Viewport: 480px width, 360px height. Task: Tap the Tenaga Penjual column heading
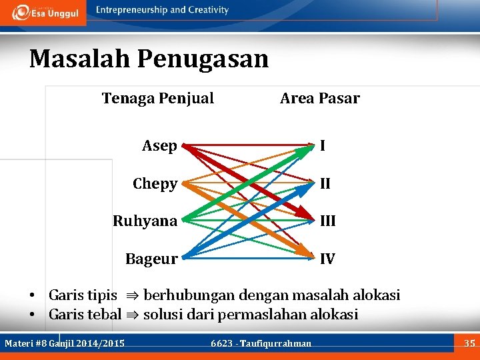(x=158, y=99)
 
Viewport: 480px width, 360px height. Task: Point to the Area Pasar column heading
(x=319, y=99)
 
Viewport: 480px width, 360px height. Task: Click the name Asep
(x=159, y=146)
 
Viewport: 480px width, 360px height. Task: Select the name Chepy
(x=155, y=183)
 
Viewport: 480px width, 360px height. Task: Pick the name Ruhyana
(x=145, y=221)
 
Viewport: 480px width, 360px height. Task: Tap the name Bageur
(x=151, y=259)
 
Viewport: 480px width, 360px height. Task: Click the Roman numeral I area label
(x=322, y=145)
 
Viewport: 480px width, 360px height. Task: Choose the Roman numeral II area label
(x=325, y=183)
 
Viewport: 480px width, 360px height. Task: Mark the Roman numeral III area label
(x=327, y=221)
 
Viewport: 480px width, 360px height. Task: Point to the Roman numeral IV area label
(x=327, y=259)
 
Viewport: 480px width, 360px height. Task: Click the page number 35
(x=469, y=343)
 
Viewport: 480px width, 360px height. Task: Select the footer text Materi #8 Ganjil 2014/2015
(x=65, y=343)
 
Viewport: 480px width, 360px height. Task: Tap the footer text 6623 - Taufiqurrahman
(x=261, y=343)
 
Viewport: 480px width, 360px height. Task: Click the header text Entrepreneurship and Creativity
(x=162, y=10)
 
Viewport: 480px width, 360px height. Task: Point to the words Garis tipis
(x=83, y=295)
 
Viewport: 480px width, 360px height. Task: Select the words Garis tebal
(x=85, y=314)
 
